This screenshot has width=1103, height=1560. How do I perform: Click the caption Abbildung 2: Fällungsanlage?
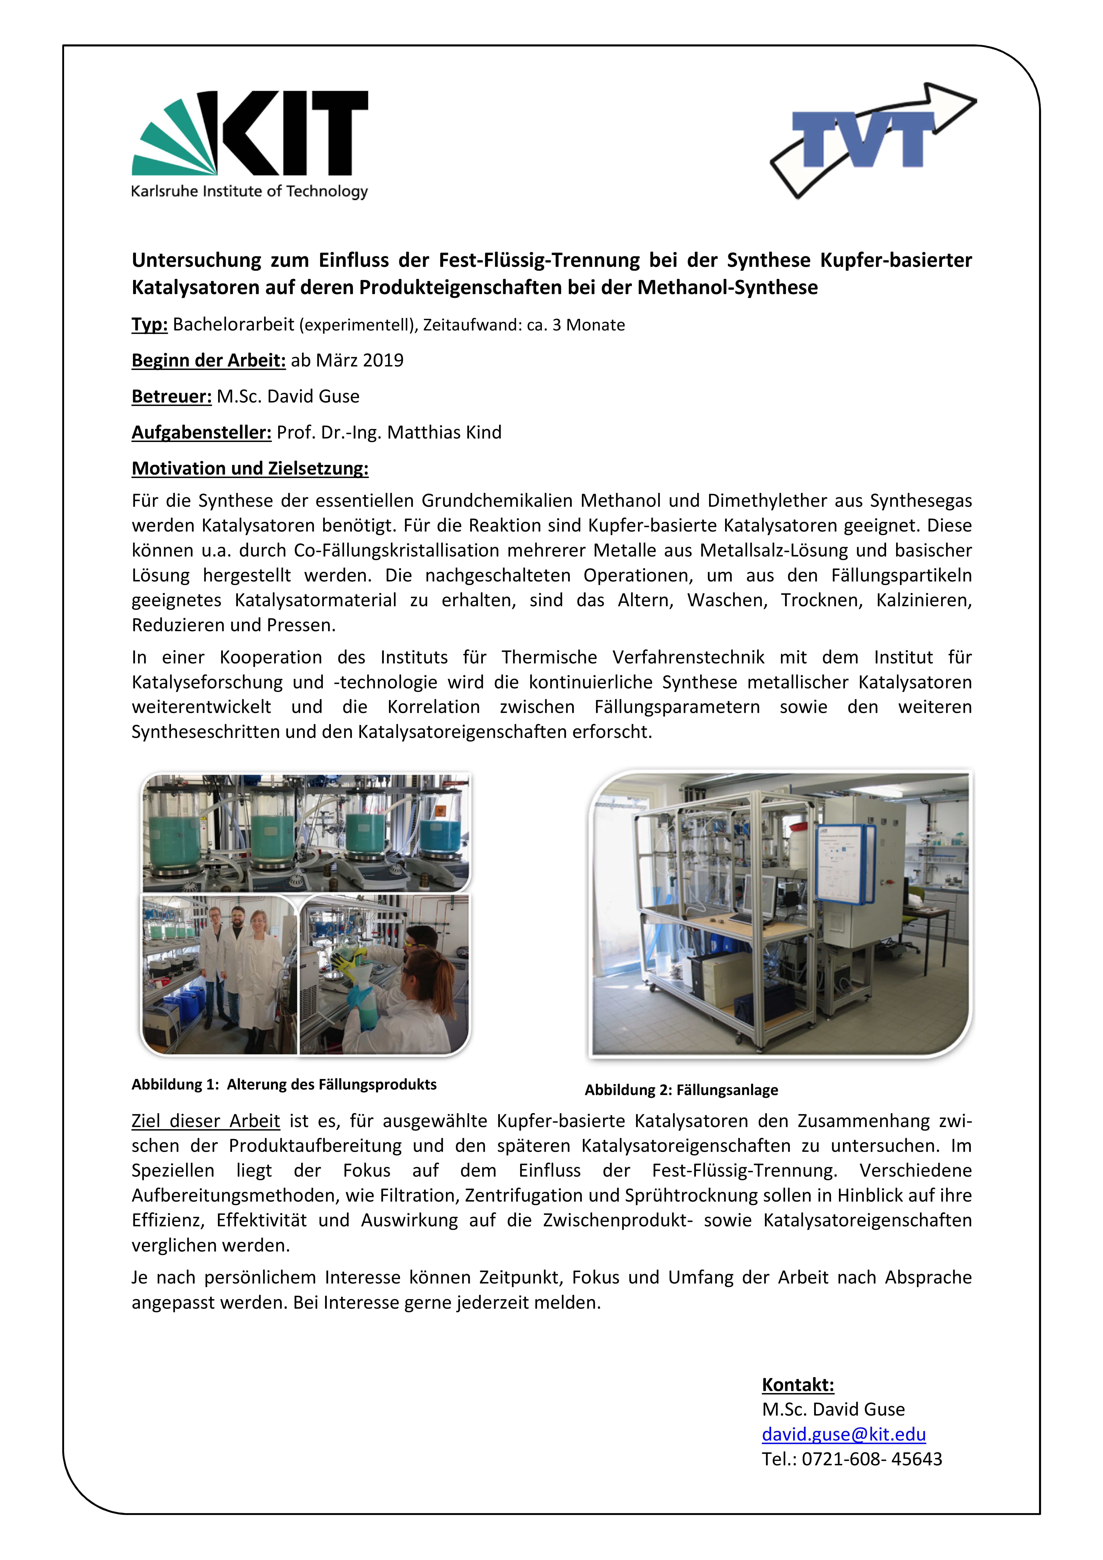[x=681, y=1090]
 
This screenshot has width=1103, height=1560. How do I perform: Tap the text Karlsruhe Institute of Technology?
[x=249, y=192]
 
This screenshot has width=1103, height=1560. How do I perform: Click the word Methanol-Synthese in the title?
[x=727, y=287]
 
